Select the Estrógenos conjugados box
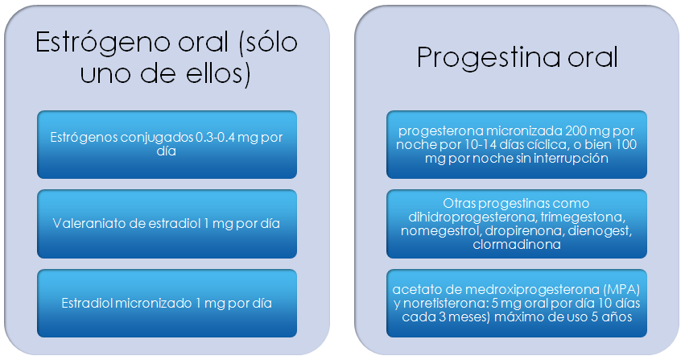coord(167,145)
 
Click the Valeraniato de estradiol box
coord(167,224)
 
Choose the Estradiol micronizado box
coord(167,303)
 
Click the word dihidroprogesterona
coord(472,217)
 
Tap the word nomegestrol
coord(441,231)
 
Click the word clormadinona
coord(517,244)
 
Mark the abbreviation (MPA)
coord(622,290)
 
